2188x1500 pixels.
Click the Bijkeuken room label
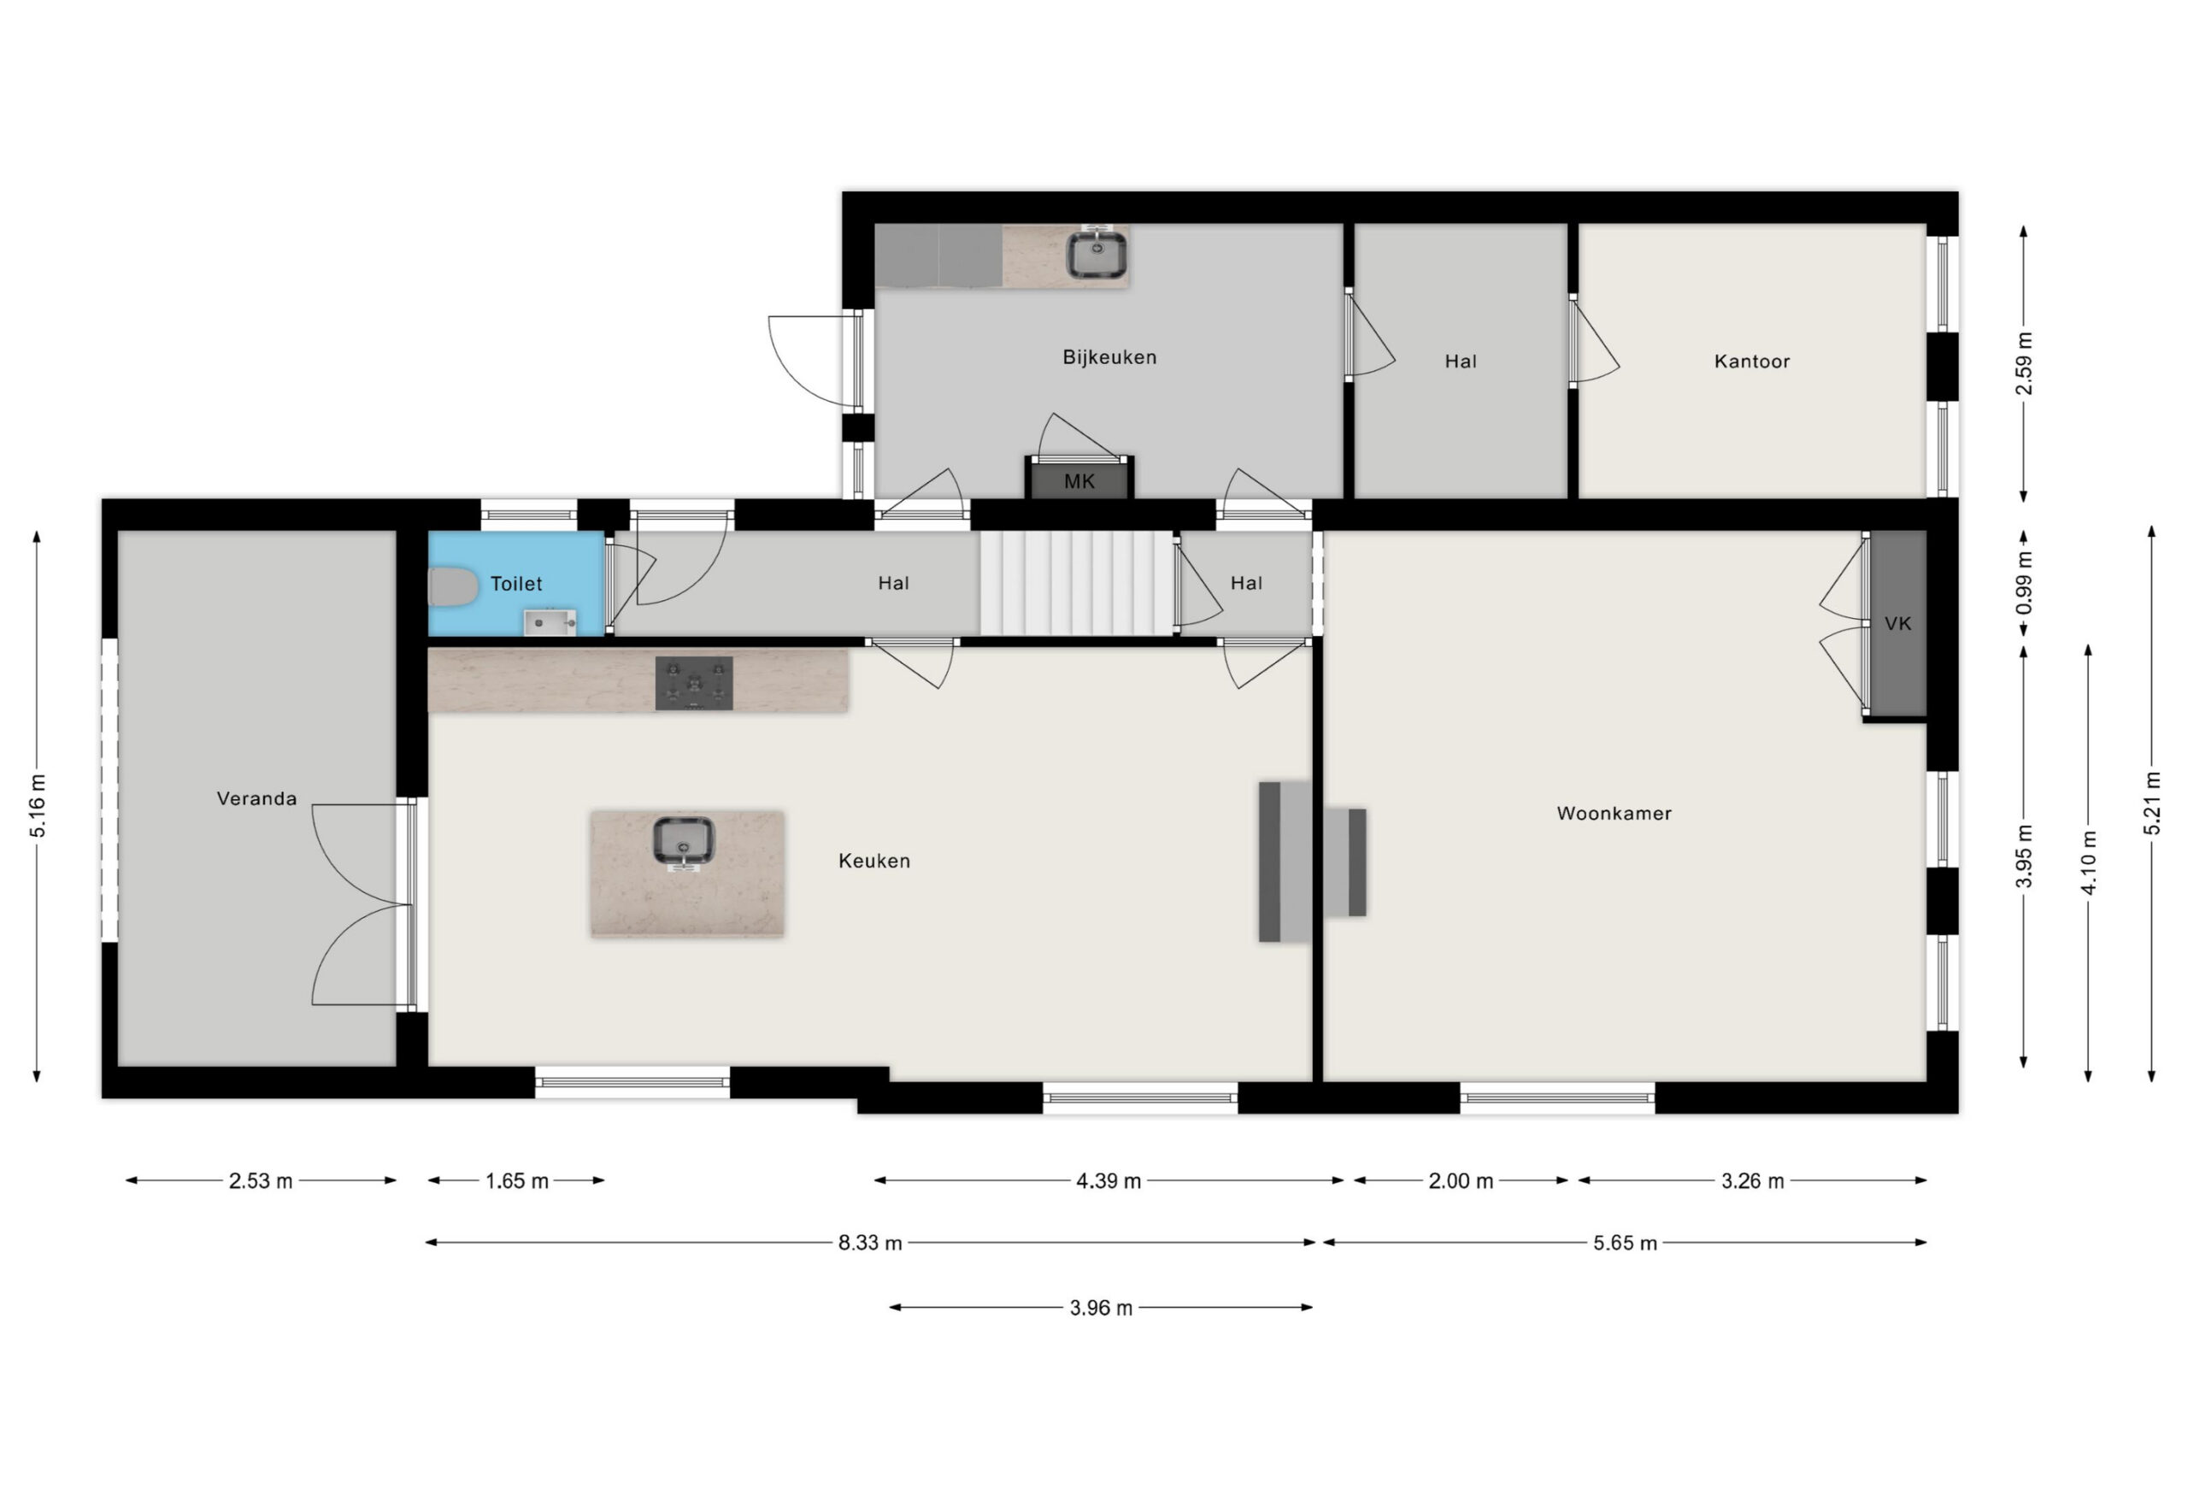coord(1109,358)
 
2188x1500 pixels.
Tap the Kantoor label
coord(1751,362)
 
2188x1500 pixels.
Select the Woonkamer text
coord(1614,814)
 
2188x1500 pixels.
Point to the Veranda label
coord(256,798)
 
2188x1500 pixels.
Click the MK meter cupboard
coord(1079,478)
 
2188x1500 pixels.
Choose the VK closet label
coord(1898,623)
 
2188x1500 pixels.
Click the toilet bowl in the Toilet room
coord(454,586)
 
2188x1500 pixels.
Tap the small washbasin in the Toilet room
coord(550,622)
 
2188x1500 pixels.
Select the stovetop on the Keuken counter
coord(694,683)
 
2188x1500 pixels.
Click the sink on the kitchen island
coord(684,841)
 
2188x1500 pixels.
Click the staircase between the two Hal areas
coord(1077,584)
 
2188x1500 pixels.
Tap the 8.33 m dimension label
coord(870,1243)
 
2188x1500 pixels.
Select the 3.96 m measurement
coord(1101,1308)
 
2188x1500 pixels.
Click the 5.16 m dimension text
coord(38,806)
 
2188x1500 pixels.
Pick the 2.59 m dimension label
coord(2024,363)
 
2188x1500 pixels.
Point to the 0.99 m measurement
coord(2024,583)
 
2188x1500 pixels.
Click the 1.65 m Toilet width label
coord(517,1181)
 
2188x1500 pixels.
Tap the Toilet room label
coord(516,584)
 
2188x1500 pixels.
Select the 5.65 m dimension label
coord(1625,1243)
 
